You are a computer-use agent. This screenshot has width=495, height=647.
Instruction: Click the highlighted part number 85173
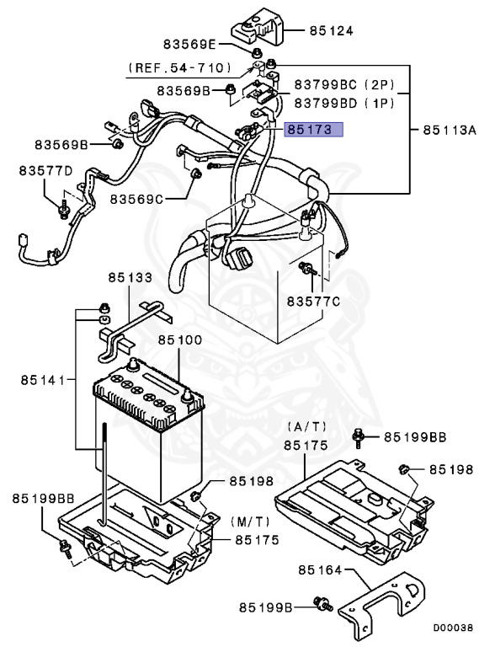tap(314, 131)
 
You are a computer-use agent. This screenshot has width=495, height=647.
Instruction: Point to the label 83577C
tap(314, 301)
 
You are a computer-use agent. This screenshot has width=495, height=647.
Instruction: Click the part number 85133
tap(130, 277)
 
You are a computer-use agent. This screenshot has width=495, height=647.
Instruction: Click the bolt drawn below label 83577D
tap(64, 204)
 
